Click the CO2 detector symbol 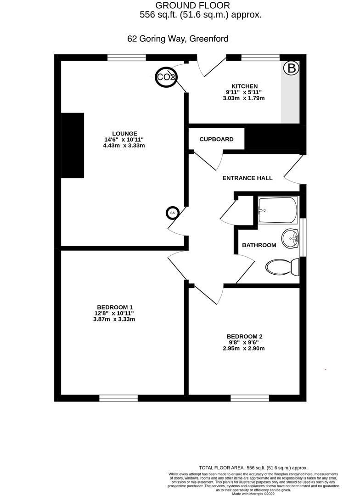click(x=166, y=77)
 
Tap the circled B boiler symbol click(x=291, y=69)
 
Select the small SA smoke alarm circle click(x=173, y=213)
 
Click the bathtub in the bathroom click(x=277, y=210)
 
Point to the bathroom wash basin click(x=290, y=238)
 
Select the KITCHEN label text click(x=244, y=86)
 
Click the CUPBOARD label click(x=216, y=139)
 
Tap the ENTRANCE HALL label click(x=247, y=178)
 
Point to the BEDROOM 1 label click(x=115, y=307)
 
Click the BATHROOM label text click(x=259, y=245)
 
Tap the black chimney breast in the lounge click(x=73, y=145)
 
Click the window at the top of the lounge click(x=127, y=57)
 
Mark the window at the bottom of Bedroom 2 click(x=249, y=398)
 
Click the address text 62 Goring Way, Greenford click(x=178, y=39)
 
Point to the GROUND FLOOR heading click(x=192, y=6)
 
